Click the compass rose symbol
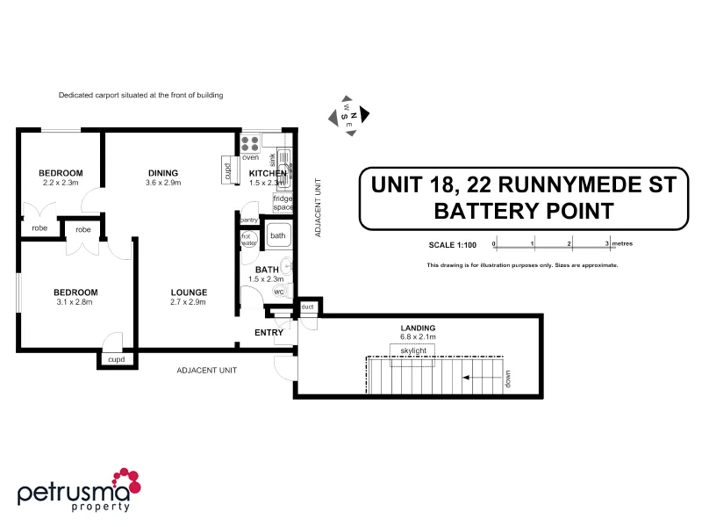click(x=348, y=115)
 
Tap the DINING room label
click(x=163, y=173)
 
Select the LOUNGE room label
click(x=190, y=292)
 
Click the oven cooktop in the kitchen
click(x=250, y=143)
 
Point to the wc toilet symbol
click(x=279, y=291)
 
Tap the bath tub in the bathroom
click(x=278, y=235)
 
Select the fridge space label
click(x=283, y=203)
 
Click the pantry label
click(x=248, y=220)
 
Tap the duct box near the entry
click(x=308, y=307)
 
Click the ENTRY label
click(x=269, y=333)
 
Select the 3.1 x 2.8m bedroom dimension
click(x=75, y=302)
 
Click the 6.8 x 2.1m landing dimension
click(x=419, y=336)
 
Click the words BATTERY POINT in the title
click(x=524, y=211)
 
